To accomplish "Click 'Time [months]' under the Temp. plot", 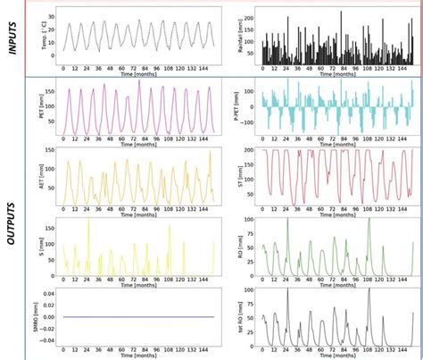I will point(135,77).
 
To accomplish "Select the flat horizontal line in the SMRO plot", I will point(134,317).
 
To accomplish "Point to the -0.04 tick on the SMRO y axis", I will point(44,339).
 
